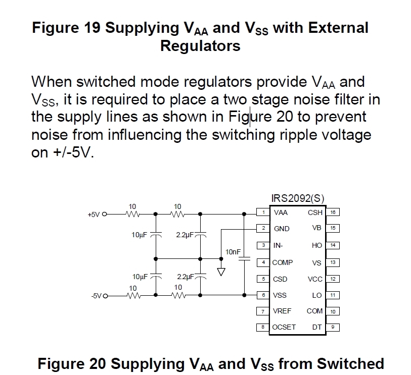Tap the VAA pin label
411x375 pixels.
pos(281,212)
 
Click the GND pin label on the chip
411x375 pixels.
pos(282,229)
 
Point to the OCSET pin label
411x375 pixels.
pos(284,327)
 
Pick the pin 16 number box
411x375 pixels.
pos(333,212)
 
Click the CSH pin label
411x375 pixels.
pos(315,212)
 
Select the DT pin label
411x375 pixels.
pos(317,327)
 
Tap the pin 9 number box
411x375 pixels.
pos(333,327)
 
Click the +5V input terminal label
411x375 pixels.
pos(94,214)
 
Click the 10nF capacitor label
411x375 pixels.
pos(233,251)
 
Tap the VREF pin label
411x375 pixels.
pos(282,311)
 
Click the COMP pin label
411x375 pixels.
pos(283,262)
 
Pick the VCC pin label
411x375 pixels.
pos(315,279)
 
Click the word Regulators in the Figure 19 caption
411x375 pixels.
pos(200,46)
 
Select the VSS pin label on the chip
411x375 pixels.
pos(280,295)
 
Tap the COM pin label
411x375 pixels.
pos(314,311)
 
